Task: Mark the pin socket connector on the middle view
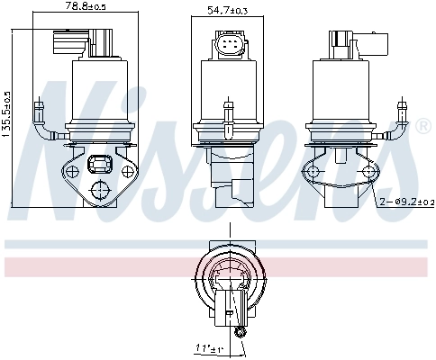coord(228,46)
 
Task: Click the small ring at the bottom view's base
coord(241,334)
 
